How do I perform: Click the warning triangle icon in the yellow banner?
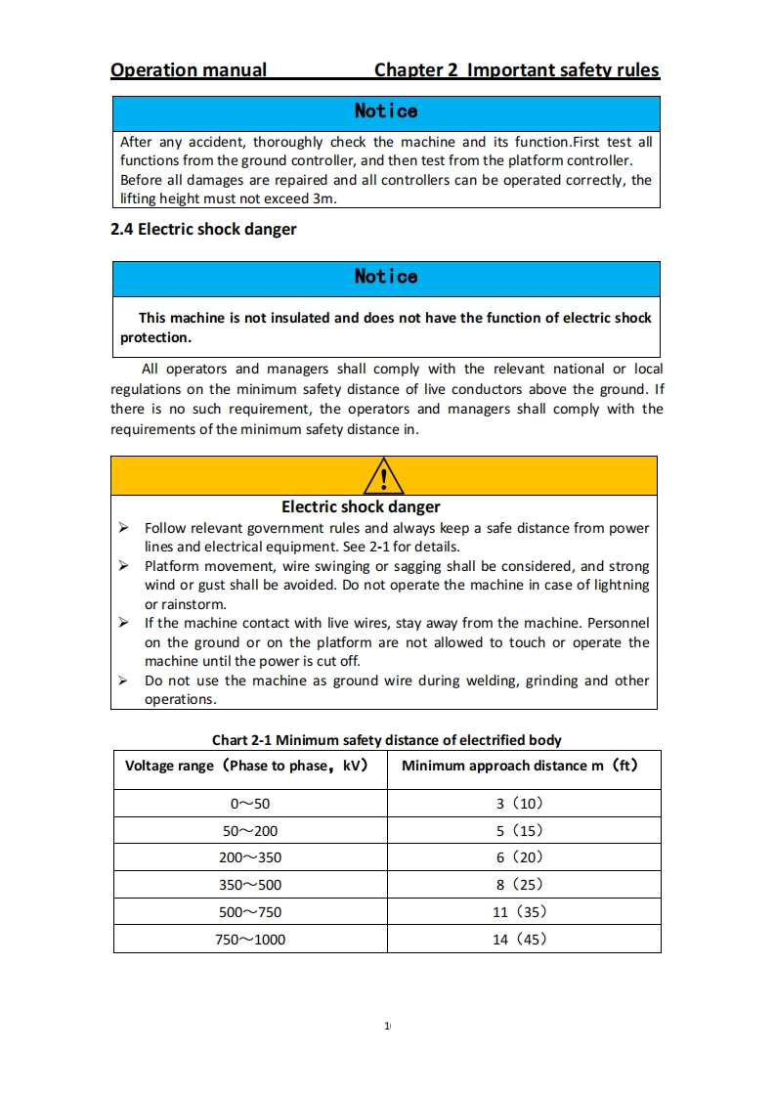pyautogui.click(x=384, y=477)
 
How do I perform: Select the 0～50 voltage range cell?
pyautogui.click(x=250, y=804)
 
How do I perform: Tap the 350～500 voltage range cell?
pyautogui.click(x=250, y=885)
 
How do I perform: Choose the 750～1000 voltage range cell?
pyautogui.click(x=250, y=940)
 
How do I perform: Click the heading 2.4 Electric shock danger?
pyautogui.click(x=203, y=230)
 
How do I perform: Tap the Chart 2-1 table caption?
pyautogui.click(x=387, y=740)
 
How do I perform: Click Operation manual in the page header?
pyautogui.click(x=189, y=70)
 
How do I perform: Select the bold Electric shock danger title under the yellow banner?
pyautogui.click(x=361, y=506)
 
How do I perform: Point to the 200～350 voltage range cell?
pyautogui.click(x=250, y=857)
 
